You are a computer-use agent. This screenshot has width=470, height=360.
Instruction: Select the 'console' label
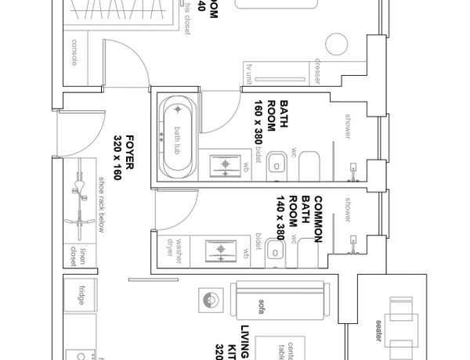(x=74, y=52)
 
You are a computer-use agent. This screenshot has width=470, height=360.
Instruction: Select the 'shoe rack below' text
(x=101, y=205)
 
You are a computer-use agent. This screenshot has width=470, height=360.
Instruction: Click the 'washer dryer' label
(x=173, y=248)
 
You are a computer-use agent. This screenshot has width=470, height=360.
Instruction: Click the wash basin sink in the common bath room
(x=222, y=251)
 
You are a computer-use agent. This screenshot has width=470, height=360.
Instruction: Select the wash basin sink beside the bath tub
(x=227, y=164)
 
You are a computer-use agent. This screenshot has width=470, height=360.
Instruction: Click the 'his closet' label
(x=188, y=20)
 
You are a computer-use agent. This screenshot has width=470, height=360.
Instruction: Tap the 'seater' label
(x=378, y=325)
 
